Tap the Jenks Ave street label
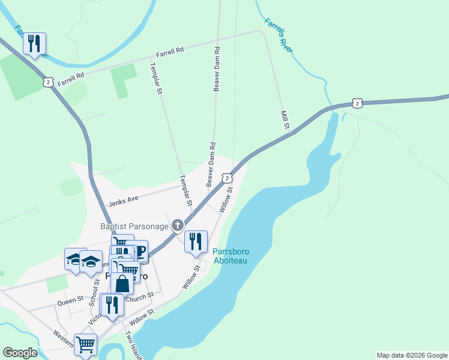point(124,201)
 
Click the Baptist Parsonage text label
point(134,226)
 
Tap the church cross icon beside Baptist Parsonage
point(177,226)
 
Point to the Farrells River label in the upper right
point(278,35)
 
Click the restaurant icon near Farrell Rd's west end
point(34,43)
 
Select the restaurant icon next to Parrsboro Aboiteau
point(196,241)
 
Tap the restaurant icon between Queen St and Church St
point(112,304)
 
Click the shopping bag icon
point(122,284)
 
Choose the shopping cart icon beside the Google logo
point(85,345)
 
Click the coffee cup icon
point(139,251)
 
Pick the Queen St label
point(71,299)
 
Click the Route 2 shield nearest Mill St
point(357,104)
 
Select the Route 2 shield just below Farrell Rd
point(49,82)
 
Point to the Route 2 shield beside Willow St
point(226,178)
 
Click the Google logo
point(20,353)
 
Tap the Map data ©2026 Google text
point(411,355)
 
